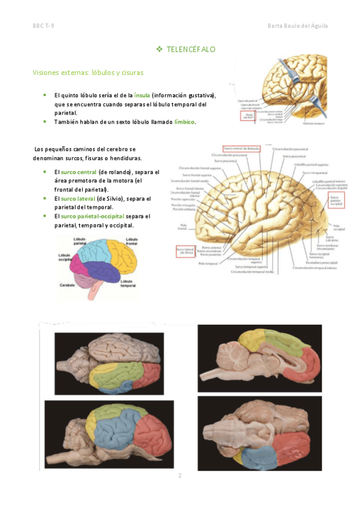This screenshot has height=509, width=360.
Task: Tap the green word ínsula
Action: (142, 95)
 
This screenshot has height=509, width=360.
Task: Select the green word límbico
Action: (184, 122)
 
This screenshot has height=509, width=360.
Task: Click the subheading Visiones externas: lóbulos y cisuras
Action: (88, 73)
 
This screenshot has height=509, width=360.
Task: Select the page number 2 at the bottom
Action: (179, 476)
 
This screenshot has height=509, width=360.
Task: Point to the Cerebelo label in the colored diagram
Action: (67, 286)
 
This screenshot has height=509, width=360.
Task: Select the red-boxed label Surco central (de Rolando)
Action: (240, 148)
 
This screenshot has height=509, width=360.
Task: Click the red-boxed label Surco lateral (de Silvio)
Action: (187, 251)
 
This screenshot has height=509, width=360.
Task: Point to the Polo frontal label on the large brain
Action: (182, 227)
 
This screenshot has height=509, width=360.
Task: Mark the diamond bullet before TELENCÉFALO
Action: (159, 48)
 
